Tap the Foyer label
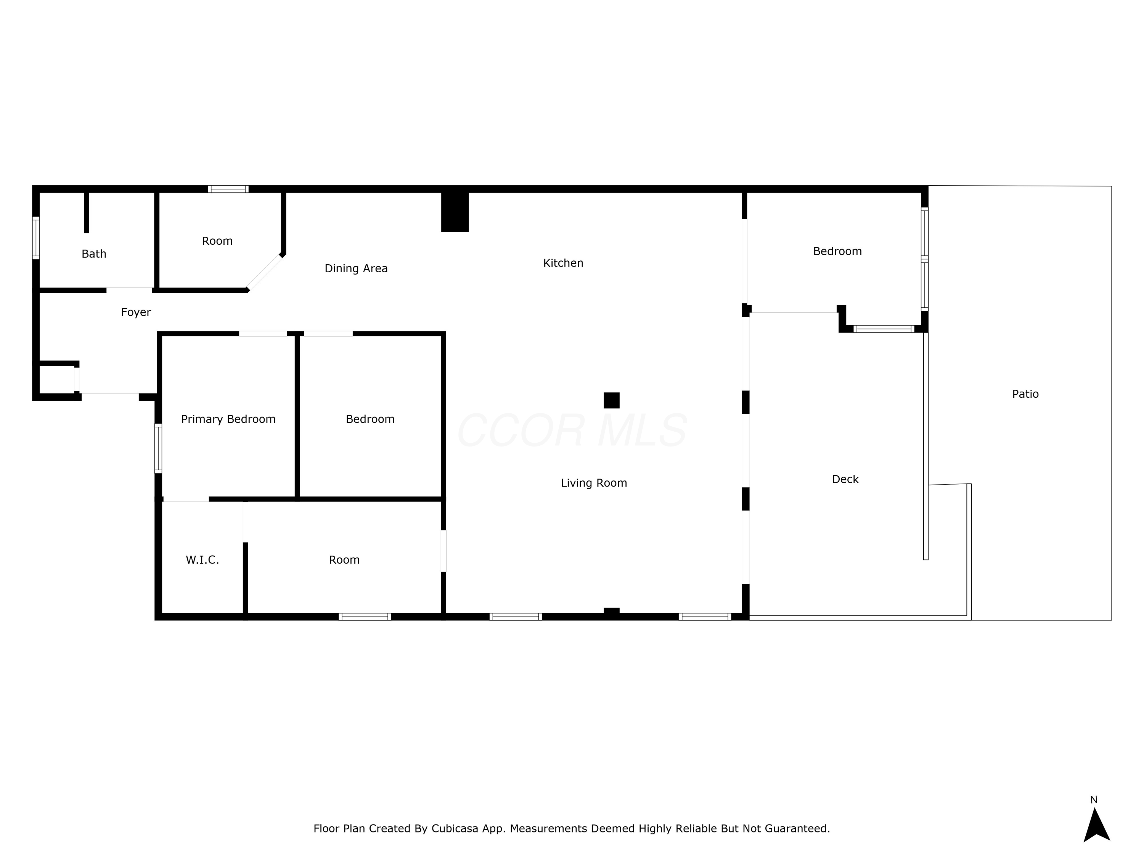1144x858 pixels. pyautogui.click(x=136, y=312)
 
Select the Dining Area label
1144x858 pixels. pyautogui.click(x=356, y=268)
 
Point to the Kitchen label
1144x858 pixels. pyautogui.click(x=563, y=263)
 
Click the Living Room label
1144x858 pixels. pyautogui.click(x=594, y=483)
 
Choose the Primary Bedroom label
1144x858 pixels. pyautogui.click(x=228, y=419)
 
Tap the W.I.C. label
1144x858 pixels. pyautogui.click(x=202, y=560)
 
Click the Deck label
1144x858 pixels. pyautogui.click(x=845, y=479)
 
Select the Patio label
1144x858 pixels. pyautogui.click(x=1025, y=394)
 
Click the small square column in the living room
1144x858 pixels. pyautogui.click(x=611, y=400)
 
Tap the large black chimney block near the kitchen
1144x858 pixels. pyautogui.click(x=455, y=212)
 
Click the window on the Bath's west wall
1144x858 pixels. pyautogui.click(x=36, y=238)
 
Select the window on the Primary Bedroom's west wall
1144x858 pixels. pyautogui.click(x=158, y=448)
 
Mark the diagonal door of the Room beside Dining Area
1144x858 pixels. pyautogui.click(x=264, y=273)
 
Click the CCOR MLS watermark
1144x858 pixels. pyautogui.click(x=572, y=430)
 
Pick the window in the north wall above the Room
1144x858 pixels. pyautogui.click(x=228, y=189)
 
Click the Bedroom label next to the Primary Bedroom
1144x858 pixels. pyautogui.click(x=370, y=419)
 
